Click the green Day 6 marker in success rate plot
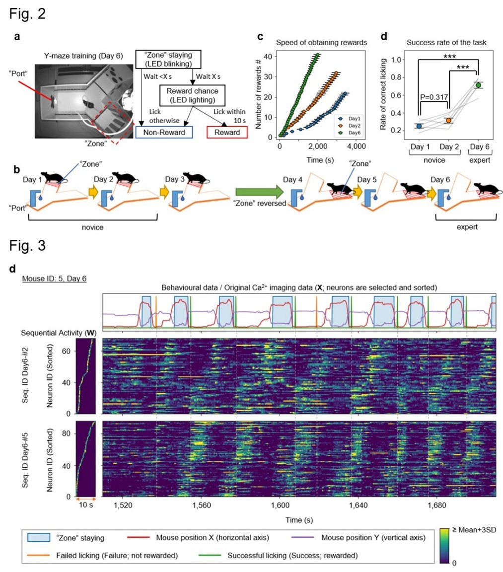click(x=478, y=85)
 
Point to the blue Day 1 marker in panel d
click(x=420, y=126)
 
